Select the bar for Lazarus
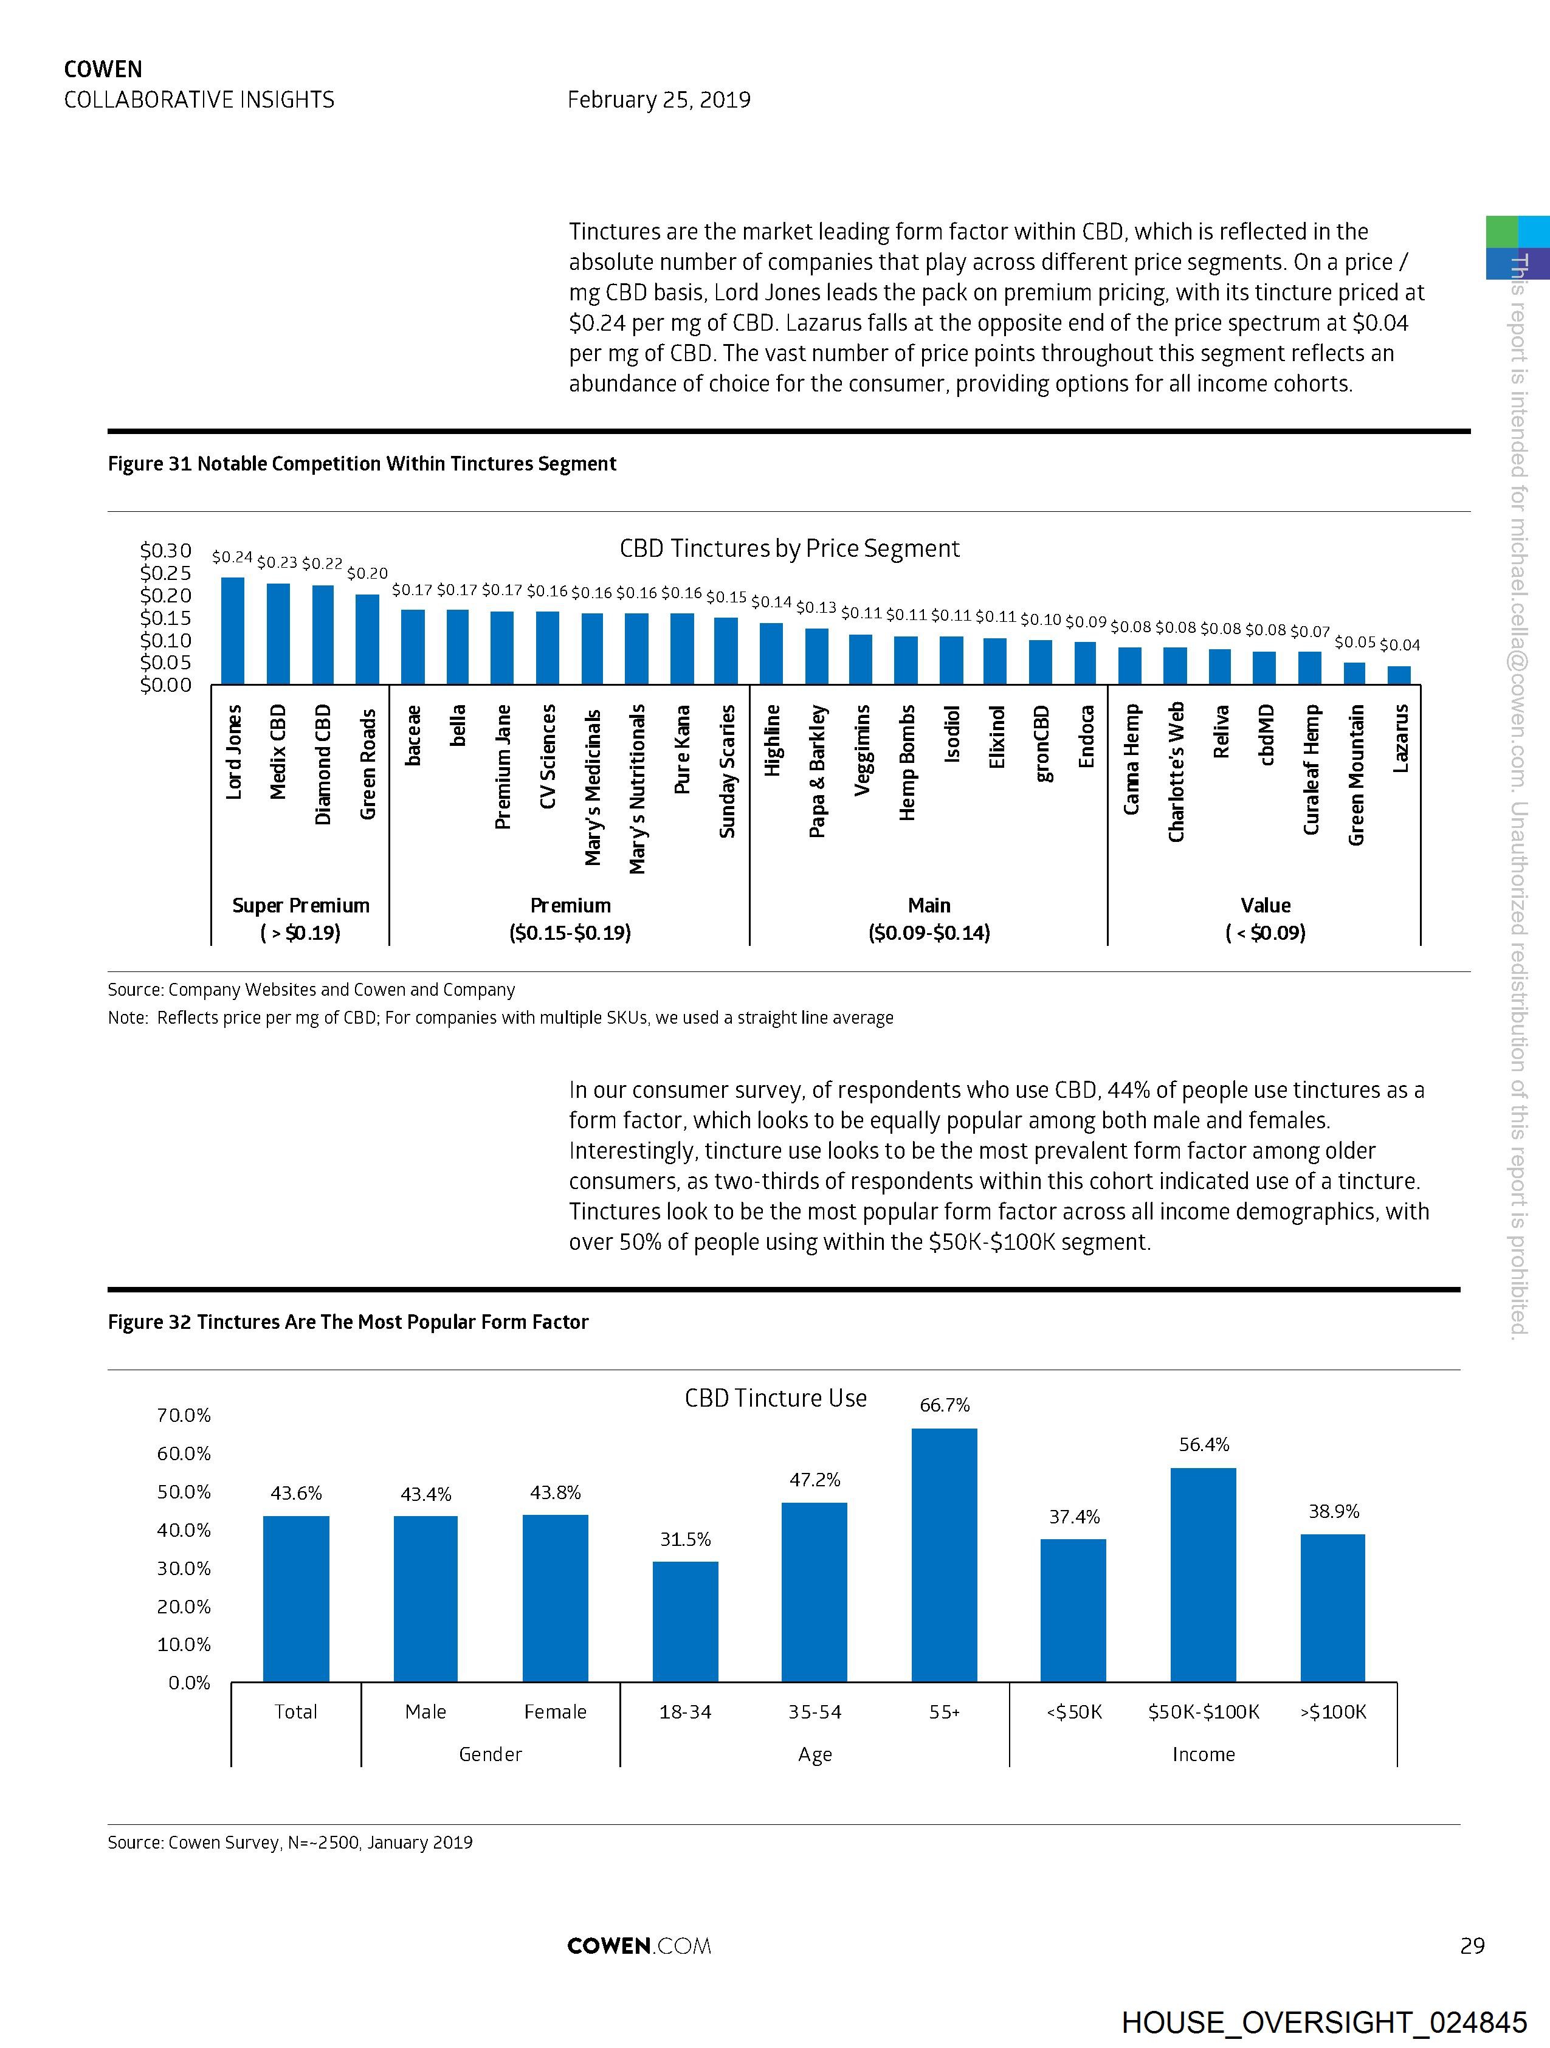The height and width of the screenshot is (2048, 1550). [x=1399, y=675]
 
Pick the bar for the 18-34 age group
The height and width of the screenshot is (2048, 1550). [x=685, y=1622]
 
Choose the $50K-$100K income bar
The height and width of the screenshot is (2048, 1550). [x=1203, y=1575]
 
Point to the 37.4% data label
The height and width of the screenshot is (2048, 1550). [x=1074, y=1517]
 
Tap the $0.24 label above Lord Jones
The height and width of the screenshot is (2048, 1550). [x=232, y=556]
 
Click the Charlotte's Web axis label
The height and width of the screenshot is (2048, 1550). [x=1176, y=772]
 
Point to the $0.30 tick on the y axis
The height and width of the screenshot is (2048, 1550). [x=166, y=551]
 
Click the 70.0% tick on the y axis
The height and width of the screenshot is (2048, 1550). [x=184, y=1415]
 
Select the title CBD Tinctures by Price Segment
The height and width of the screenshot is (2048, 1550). [x=789, y=548]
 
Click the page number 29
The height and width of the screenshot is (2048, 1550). [x=1472, y=1945]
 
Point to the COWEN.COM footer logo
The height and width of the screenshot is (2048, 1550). [x=639, y=1945]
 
